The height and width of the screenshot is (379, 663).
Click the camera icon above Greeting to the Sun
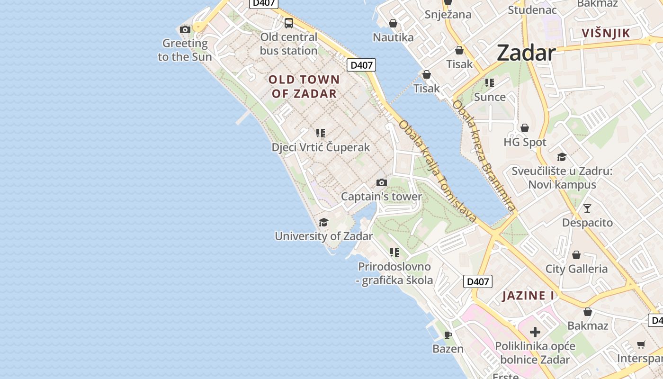click(185, 30)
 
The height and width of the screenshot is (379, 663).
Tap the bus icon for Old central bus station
click(288, 23)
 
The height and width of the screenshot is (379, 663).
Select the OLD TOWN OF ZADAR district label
click(304, 86)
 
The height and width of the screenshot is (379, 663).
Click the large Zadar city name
click(526, 53)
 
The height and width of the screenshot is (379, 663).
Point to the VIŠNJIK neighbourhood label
click(606, 33)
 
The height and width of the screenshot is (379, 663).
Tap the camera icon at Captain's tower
click(381, 183)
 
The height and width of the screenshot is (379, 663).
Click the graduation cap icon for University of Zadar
click(323, 222)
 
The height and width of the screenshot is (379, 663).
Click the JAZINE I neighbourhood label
click(528, 296)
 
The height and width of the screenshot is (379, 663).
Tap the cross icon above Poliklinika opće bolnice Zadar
click(535, 332)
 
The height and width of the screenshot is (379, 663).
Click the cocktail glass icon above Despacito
click(587, 208)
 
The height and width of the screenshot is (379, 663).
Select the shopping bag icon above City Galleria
click(576, 255)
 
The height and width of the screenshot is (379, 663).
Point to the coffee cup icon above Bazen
click(448, 335)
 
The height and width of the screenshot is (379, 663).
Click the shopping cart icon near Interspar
click(641, 344)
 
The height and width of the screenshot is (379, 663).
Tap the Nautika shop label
click(393, 37)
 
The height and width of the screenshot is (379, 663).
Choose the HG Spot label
click(525, 142)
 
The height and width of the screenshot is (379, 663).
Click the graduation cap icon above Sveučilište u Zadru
click(562, 157)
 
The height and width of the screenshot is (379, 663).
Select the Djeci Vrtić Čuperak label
click(321, 147)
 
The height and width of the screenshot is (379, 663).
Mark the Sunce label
click(490, 97)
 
